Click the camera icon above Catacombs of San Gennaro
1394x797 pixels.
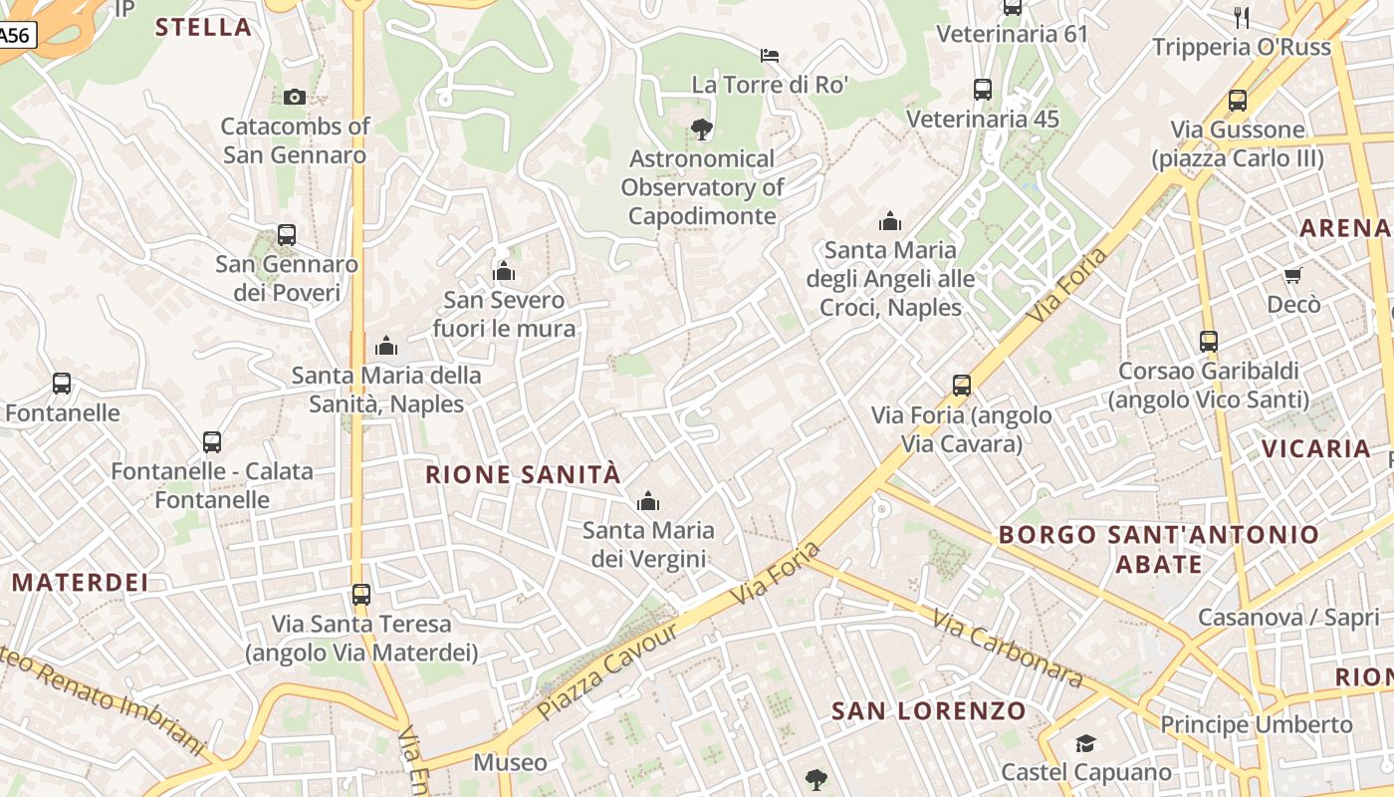coord(294,97)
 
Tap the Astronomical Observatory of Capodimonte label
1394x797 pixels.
coord(702,187)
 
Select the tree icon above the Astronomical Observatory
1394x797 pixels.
coord(702,129)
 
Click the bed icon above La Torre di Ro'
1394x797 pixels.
coord(770,55)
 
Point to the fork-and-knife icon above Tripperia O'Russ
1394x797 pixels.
coord(1241,17)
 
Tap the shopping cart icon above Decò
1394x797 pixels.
coord(1292,275)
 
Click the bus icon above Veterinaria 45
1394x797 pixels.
coord(983,90)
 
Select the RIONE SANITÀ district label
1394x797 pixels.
coord(523,474)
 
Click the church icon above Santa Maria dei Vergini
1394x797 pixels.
coord(648,501)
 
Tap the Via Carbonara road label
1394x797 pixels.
coord(1008,649)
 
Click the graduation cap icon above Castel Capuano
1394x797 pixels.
coord(1085,743)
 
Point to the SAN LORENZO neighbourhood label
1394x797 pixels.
coord(928,710)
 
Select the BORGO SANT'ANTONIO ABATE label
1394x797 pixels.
coord(1158,549)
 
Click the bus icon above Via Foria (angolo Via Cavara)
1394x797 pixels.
coord(962,386)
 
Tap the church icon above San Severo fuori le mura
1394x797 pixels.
coord(504,271)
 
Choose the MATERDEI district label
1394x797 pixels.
coord(81,582)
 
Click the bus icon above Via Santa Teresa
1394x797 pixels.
coord(361,595)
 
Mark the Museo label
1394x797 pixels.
coord(510,763)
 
